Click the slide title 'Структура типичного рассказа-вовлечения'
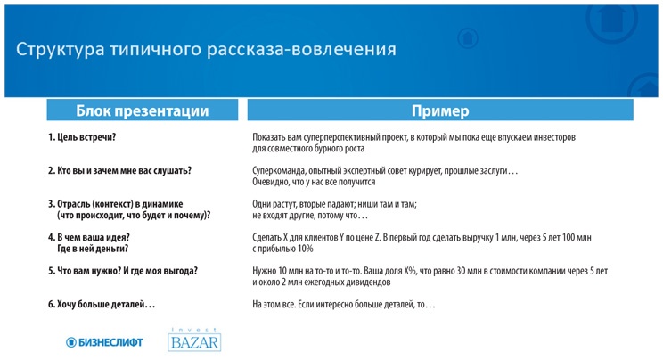click(206, 49)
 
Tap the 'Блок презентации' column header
click(143, 110)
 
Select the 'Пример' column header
click(439, 110)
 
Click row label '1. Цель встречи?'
click(82, 137)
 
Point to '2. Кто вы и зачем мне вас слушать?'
click(119, 170)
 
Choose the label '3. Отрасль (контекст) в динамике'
click(116, 204)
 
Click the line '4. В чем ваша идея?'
click(89, 237)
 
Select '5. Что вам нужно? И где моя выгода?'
click(123, 271)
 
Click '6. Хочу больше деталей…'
click(102, 305)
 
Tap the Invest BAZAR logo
click(194, 340)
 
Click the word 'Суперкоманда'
click(279, 170)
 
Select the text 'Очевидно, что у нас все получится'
click(314, 182)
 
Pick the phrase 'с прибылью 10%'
click(282, 249)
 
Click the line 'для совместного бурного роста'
click(308, 149)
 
